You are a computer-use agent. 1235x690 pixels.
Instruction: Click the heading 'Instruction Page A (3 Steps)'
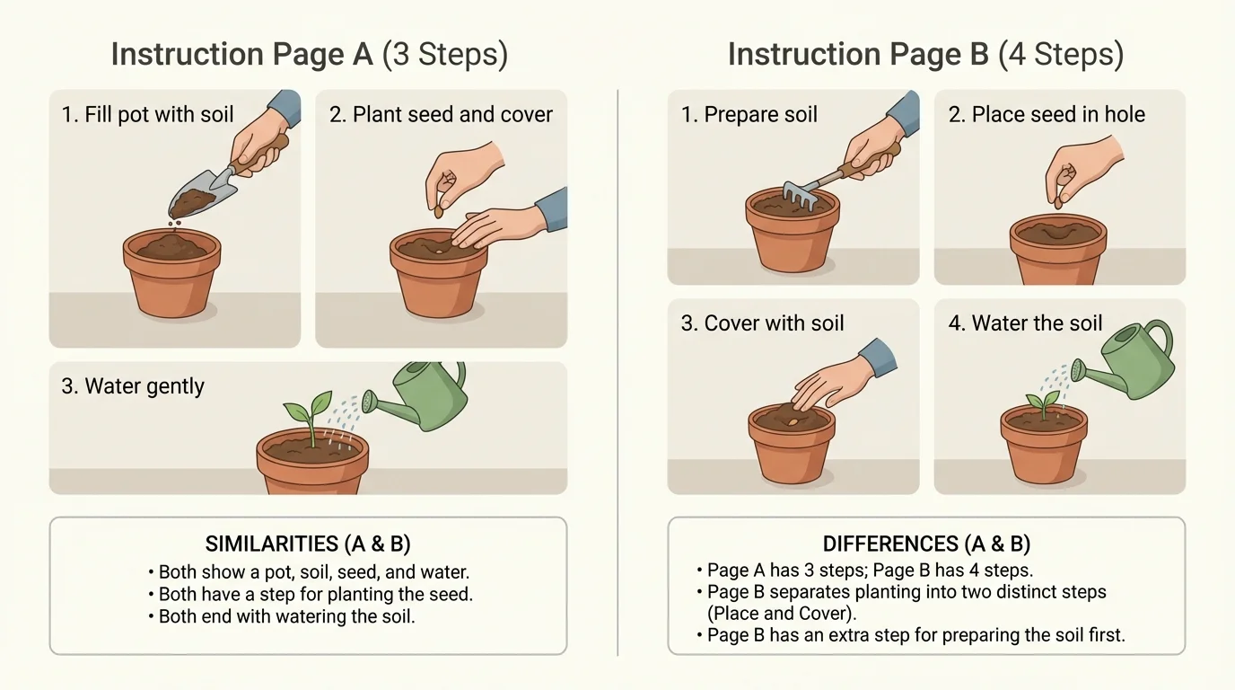point(309,55)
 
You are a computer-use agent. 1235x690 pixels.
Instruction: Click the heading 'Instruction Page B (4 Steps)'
point(925,55)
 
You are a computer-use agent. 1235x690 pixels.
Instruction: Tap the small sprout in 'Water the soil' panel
point(1043,403)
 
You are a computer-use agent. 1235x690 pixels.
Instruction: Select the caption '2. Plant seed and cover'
point(441,115)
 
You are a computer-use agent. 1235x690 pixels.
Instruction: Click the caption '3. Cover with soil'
point(762,323)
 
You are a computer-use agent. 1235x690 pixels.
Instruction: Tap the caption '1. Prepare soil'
point(749,115)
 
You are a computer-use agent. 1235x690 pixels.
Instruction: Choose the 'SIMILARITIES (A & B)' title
point(308,544)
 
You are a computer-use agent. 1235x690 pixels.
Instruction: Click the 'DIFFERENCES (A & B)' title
point(926,544)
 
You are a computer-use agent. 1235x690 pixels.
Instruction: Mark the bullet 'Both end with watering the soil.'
point(286,617)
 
